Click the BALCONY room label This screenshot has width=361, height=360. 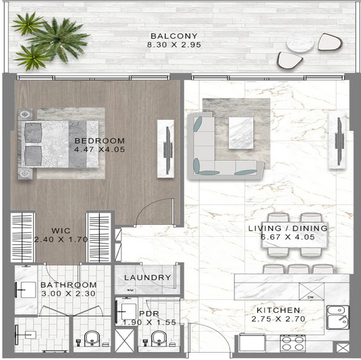[174, 36]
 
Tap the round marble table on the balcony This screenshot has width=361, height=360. [300, 43]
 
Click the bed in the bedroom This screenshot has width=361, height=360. [58, 144]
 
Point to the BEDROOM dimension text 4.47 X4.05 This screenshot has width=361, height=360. [100, 149]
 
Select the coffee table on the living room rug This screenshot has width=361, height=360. [241, 133]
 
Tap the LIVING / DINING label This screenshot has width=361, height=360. [288, 228]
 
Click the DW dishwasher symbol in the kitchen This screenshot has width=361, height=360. [312, 291]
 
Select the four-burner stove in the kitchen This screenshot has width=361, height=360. [293, 343]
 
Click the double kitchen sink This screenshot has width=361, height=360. [337, 318]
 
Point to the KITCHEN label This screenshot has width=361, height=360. [278, 310]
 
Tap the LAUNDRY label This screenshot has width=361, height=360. [147, 277]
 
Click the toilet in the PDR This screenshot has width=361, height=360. [159, 338]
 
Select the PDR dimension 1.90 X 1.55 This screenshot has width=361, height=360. [150, 322]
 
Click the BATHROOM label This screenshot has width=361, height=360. [69, 285]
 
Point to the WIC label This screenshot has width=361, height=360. [61, 231]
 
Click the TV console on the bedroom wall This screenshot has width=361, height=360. [166, 149]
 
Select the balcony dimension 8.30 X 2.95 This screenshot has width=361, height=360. [174, 44]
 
